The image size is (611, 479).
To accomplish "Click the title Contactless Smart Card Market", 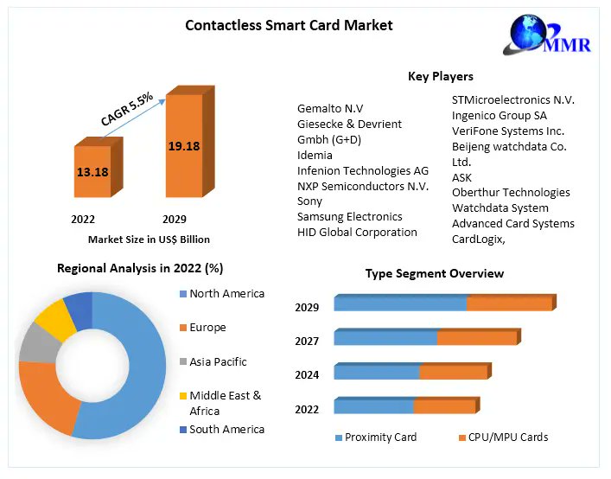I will click(x=289, y=25).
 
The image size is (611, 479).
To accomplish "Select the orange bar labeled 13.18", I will click(x=92, y=172).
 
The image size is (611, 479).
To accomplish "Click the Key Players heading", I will click(x=440, y=77).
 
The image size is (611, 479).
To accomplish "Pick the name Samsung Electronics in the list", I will click(x=349, y=216).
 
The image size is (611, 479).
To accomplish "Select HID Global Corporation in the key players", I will click(x=357, y=232).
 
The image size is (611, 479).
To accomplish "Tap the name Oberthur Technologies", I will click(x=511, y=192).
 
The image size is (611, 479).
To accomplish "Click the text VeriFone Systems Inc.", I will click(x=507, y=131).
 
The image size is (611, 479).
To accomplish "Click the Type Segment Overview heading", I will click(x=434, y=273).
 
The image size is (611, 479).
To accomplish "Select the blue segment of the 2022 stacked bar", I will click(x=373, y=406).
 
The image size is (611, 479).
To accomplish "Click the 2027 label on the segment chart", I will click(x=307, y=342).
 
